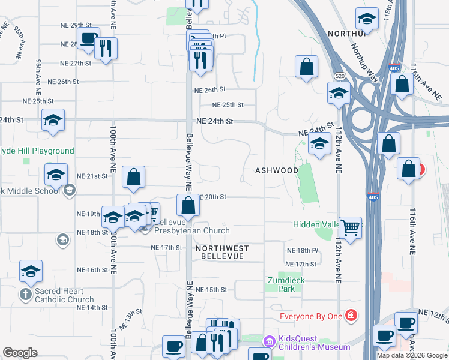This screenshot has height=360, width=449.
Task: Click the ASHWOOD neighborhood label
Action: [x=277, y=170]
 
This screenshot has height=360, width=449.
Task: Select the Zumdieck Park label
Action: [x=282, y=284]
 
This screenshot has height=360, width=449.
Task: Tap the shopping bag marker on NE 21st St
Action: [x=133, y=177]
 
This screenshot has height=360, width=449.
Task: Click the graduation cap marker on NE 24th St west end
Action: [x=53, y=121]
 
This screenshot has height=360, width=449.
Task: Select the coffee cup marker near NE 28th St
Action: [x=88, y=39]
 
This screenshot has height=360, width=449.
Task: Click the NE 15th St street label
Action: [x=212, y=289]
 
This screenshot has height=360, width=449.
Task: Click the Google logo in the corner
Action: [x=20, y=353]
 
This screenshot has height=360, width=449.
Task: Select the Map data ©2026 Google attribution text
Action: [x=412, y=355]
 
